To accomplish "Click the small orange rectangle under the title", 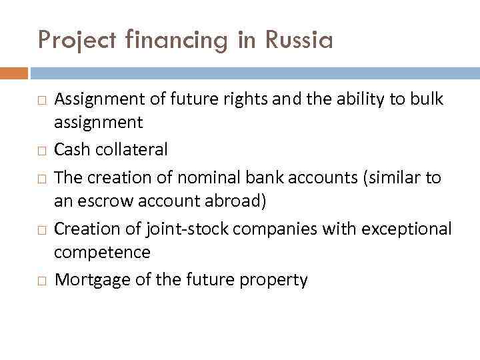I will point(13,73).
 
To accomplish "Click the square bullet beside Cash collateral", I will point(41,151).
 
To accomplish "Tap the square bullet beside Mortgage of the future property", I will point(41,281).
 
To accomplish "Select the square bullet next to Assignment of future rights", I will point(41,101).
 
